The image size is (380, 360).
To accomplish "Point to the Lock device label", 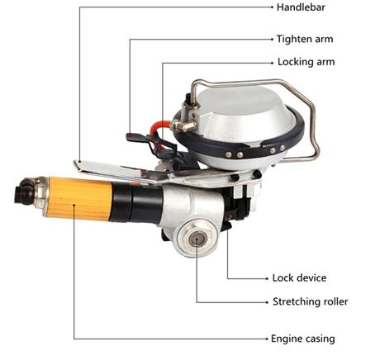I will pyautogui.click(x=299, y=278).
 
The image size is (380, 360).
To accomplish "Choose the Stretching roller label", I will pyautogui.click(x=310, y=301).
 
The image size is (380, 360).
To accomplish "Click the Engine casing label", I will pyautogui.click(x=304, y=338).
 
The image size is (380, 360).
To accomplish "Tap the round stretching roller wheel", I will pyautogui.click(x=197, y=238).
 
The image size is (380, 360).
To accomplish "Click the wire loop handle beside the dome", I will pyautogui.click(x=310, y=124).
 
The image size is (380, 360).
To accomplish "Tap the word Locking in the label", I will pyautogui.click(x=291, y=62).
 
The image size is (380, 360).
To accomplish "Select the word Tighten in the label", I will pyautogui.click(x=291, y=38).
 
